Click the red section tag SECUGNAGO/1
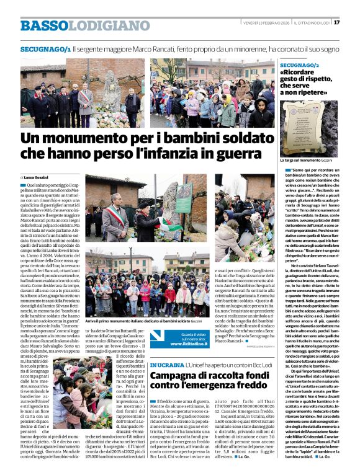45,48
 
